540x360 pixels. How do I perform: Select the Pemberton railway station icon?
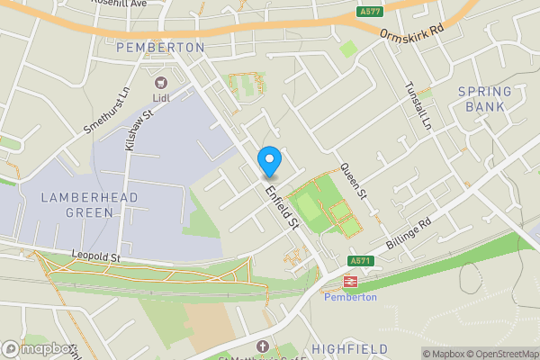pyautogui.click(x=350, y=281)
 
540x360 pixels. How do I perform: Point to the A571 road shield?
pyautogui.click(x=361, y=261)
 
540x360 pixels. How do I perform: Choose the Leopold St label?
pyautogui.click(x=95, y=257)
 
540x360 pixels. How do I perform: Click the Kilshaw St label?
pyautogui.click(x=139, y=126)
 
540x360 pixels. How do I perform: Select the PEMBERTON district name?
pyautogui.click(x=160, y=46)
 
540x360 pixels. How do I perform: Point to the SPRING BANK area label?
pyautogui.click(x=484, y=99)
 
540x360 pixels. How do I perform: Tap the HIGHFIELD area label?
pyautogui.click(x=350, y=348)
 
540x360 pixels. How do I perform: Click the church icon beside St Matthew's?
pyautogui.click(x=262, y=346)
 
